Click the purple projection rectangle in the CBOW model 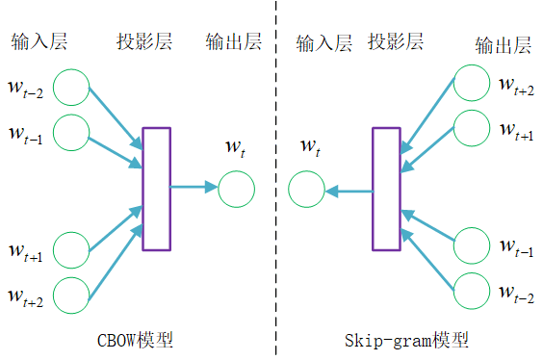(156, 189)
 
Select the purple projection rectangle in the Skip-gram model (386, 189)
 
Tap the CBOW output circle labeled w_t (237, 189)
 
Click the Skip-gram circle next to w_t (307, 189)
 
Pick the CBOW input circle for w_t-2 (71, 87)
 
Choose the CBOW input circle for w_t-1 (71, 132)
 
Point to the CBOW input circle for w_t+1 (71, 249)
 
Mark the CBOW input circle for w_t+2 (71, 293)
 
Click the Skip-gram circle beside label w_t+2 (471, 84)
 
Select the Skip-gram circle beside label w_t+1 (471, 129)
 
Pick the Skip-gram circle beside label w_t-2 (471, 291)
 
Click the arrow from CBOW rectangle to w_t (194, 188)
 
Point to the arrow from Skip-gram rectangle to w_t (349, 192)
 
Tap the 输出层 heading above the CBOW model (233, 42)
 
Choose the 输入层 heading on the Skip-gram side (324, 42)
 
